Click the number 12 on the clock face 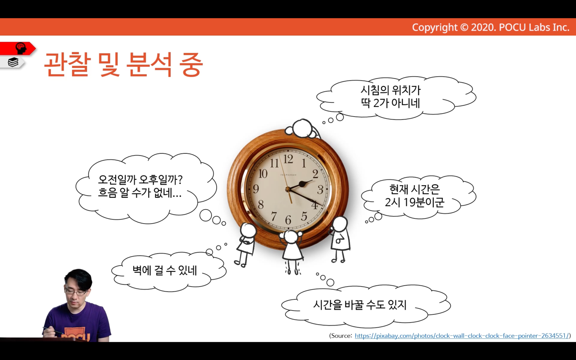click(288, 159)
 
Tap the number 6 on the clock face click(288, 220)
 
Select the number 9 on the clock click(256, 189)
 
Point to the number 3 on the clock click(320, 190)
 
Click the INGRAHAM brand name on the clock click(288, 175)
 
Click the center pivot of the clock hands click(288, 189)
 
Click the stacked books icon click(13, 62)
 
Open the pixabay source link click(462, 336)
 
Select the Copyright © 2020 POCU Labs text click(491, 27)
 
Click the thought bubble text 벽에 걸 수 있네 click(165, 270)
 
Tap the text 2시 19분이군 click(414, 202)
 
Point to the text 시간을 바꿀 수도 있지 click(360, 305)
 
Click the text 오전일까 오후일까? click(140, 179)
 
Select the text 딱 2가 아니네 click(390, 103)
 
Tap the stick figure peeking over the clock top click(302, 129)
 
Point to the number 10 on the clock click(263, 174)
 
